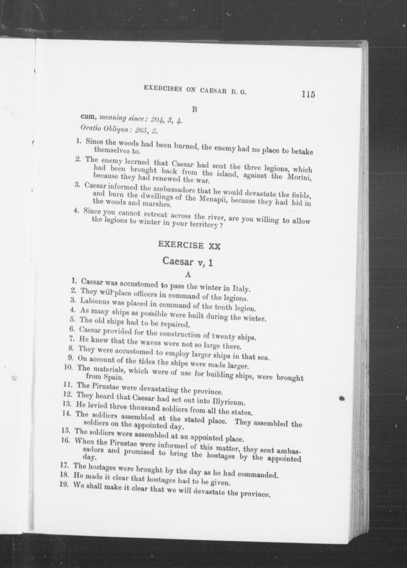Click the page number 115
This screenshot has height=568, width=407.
pos(308,94)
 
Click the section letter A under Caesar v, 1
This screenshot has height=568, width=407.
pos(188,275)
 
